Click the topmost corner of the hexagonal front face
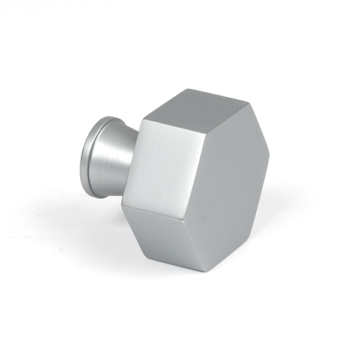pyautogui.click(x=247, y=102)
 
